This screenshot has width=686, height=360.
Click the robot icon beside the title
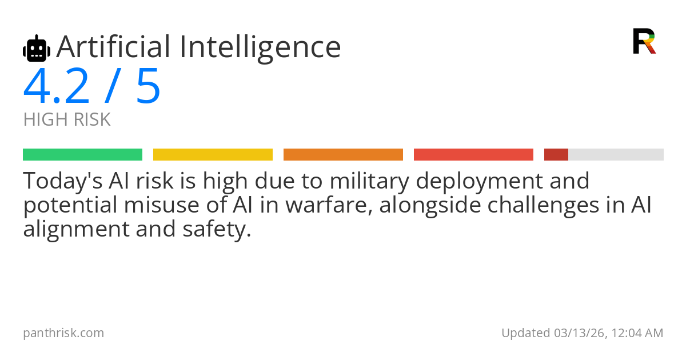(37, 49)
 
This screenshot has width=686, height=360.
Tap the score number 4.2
(57, 87)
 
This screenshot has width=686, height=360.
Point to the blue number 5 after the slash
(149, 87)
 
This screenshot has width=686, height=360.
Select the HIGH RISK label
(67, 120)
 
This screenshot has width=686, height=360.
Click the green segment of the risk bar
(82, 155)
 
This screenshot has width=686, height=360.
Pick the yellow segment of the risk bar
(213, 155)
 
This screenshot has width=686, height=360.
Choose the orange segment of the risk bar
(343, 155)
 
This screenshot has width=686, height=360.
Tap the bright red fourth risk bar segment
(473, 155)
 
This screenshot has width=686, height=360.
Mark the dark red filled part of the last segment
(556, 155)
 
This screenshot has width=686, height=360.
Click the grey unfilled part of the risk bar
(616, 155)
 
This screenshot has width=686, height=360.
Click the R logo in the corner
(644, 41)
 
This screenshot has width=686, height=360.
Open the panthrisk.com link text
(63, 333)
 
